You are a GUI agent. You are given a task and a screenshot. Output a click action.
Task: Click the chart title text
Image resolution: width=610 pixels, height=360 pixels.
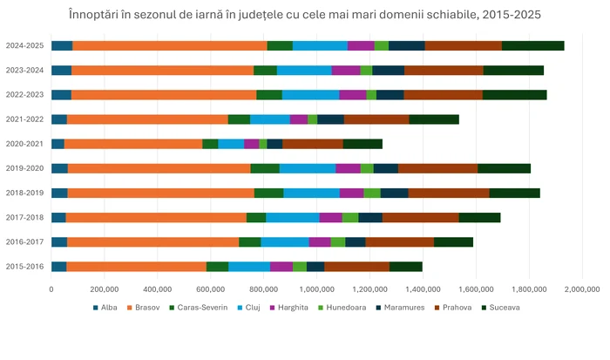coord(305,15)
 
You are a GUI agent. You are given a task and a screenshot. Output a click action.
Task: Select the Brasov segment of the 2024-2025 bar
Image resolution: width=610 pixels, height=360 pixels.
coord(170,45)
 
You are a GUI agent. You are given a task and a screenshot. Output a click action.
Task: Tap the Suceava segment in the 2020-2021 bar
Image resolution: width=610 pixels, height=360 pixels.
coord(363,143)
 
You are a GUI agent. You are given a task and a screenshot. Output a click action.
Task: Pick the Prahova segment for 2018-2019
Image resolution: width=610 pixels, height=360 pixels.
coord(449,193)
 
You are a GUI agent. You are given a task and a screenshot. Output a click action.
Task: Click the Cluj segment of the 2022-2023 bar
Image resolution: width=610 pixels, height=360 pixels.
coord(310,94)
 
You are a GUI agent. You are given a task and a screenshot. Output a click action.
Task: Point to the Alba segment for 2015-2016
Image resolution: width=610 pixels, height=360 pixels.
coord(58,267)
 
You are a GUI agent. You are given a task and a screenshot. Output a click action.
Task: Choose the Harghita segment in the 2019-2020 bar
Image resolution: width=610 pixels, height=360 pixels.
coord(348,168)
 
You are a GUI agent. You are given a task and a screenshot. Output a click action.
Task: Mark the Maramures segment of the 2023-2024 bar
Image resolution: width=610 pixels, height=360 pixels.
coord(389,70)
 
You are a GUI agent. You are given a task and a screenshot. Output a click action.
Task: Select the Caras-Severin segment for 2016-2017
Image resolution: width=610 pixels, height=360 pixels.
coord(250,242)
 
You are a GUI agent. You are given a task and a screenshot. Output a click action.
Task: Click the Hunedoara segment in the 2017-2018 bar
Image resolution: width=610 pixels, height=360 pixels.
coord(350,217)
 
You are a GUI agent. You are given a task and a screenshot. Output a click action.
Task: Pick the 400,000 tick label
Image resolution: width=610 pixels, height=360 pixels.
coord(157,289)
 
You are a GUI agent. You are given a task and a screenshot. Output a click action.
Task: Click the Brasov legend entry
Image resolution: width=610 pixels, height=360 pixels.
coord(144,308)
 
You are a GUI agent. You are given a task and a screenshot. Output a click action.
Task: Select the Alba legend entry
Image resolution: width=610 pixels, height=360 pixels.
coord(105,308)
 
